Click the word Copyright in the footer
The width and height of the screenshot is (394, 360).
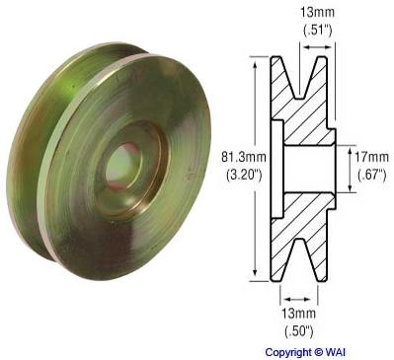(290, 351)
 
